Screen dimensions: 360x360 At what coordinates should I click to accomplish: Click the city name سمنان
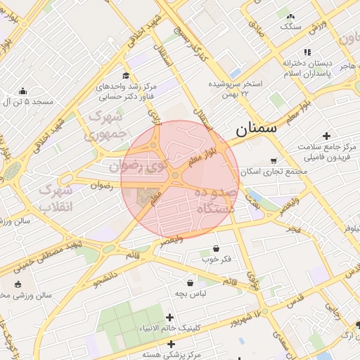tap(256, 128)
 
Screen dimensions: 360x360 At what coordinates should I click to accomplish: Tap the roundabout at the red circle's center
tap(174, 175)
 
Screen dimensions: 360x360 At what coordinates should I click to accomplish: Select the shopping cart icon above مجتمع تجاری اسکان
tap(274, 160)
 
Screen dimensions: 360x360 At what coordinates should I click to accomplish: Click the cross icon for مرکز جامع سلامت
tap(326, 135)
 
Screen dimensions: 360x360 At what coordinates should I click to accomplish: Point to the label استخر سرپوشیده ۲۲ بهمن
tap(236, 88)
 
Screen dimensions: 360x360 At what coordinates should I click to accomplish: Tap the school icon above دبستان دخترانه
tap(307, 52)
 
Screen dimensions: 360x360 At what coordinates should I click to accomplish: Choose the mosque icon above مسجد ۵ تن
tap(22, 91)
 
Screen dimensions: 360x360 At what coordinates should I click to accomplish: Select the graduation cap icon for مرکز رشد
tap(126, 76)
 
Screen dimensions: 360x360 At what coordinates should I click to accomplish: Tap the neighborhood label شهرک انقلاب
tap(55, 198)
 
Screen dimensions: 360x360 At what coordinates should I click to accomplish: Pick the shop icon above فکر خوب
tap(215, 249)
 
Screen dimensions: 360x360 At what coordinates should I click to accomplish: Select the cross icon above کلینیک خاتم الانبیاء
tap(169, 318)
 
